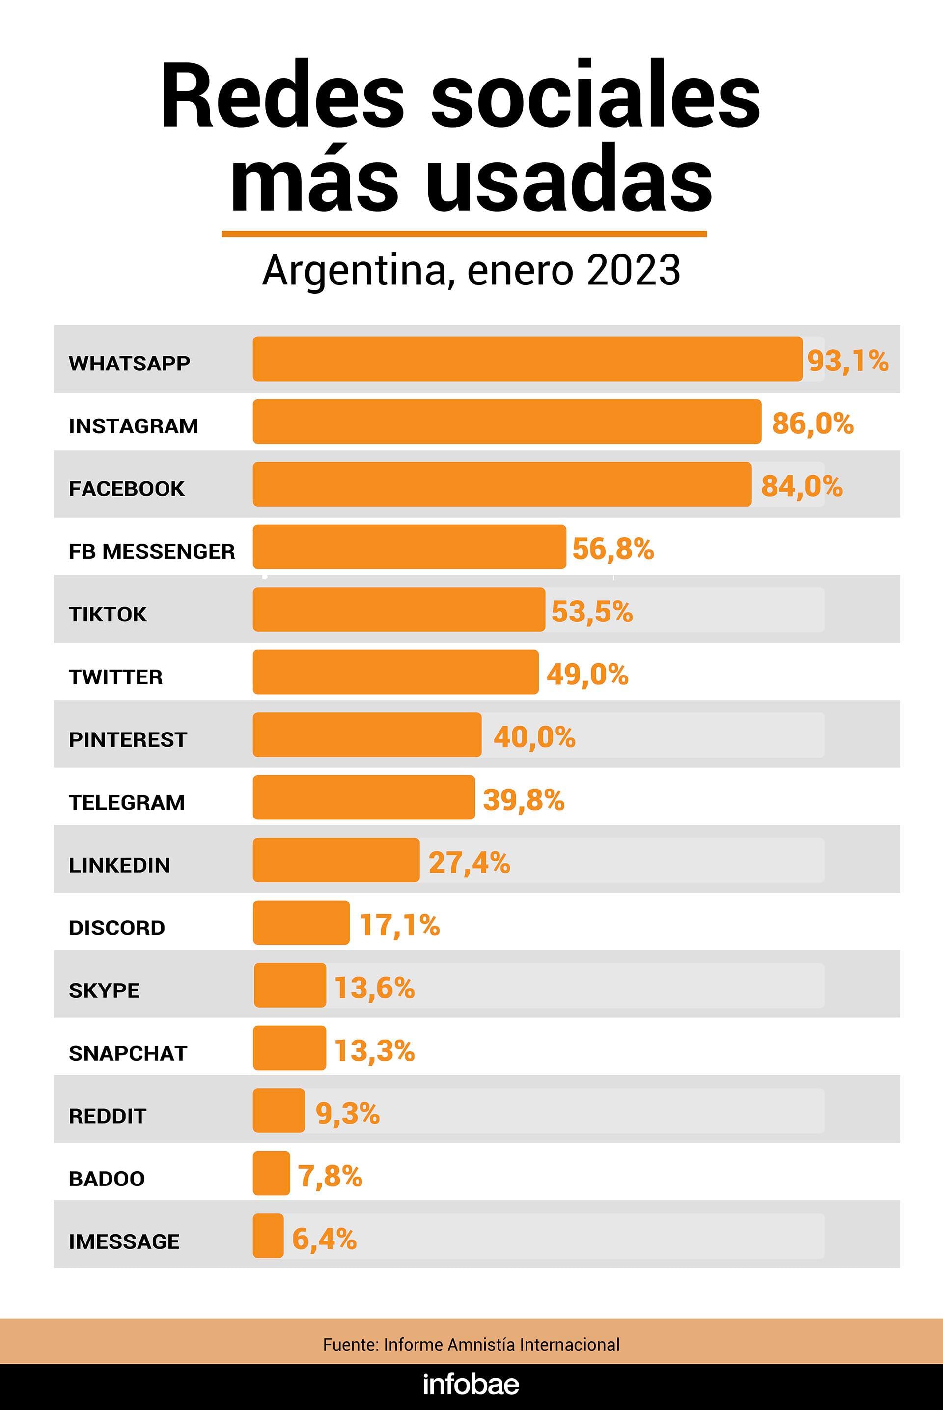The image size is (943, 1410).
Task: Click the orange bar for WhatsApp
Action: click(527, 359)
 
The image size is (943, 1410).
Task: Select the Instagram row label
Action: click(134, 426)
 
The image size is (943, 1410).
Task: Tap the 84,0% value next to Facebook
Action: click(802, 486)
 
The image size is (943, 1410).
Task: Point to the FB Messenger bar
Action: click(409, 547)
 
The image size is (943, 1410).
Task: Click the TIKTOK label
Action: click(108, 614)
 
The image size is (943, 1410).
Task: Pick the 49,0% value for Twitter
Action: click(587, 675)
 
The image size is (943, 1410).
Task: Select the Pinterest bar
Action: click(367, 734)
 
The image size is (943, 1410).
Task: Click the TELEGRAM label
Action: click(127, 802)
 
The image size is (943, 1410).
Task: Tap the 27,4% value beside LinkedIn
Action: click(469, 863)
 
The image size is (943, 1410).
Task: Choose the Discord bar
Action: click(301, 922)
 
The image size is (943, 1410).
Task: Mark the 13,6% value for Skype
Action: click(374, 987)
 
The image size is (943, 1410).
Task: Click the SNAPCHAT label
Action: click(128, 1053)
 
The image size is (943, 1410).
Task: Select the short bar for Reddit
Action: click(278, 1110)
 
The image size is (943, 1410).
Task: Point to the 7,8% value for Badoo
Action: click(330, 1176)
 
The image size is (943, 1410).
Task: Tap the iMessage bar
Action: click(268, 1236)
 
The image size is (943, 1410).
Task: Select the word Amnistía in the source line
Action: click(485, 1345)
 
